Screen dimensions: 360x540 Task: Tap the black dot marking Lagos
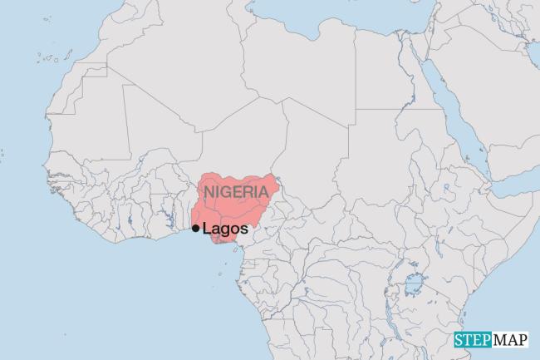(x=195, y=228)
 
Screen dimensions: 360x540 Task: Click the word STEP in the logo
(x=473, y=340)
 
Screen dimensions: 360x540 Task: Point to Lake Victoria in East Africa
(x=413, y=288)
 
